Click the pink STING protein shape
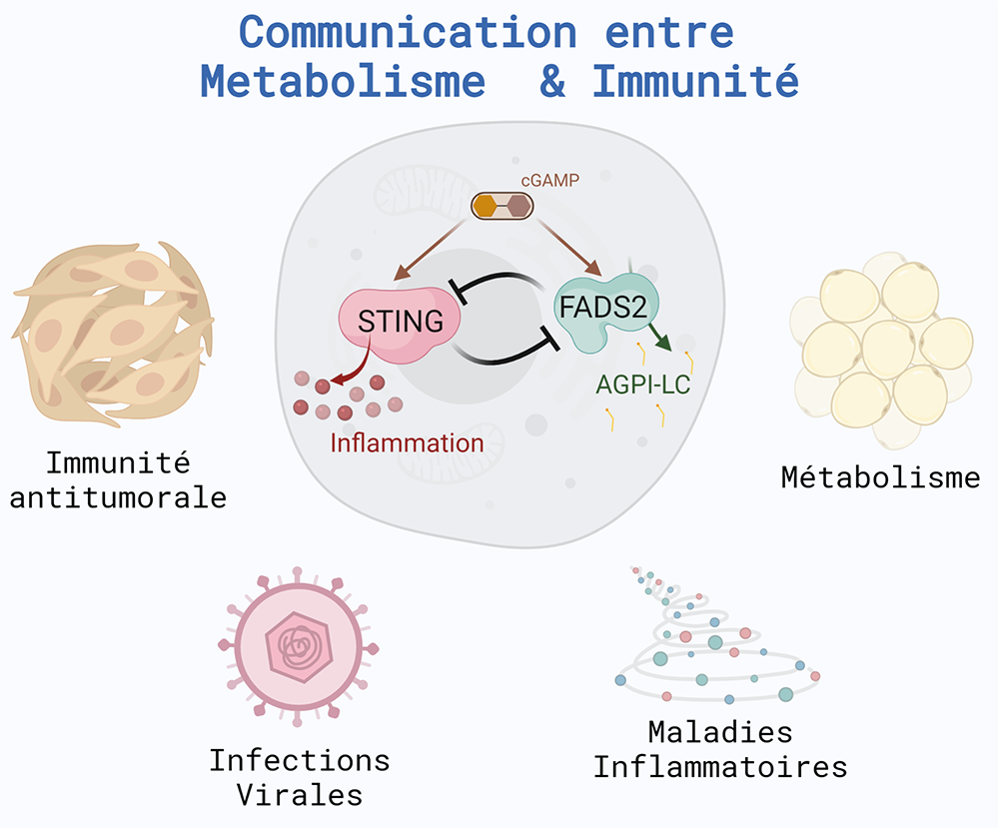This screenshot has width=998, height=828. [x=399, y=325]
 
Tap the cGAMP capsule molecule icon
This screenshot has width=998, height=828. [x=502, y=206]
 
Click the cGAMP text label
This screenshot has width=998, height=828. [x=549, y=181]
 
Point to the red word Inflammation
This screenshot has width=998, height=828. [x=407, y=442]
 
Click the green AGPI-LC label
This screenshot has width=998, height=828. [x=642, y=385]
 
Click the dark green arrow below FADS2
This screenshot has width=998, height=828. [x=660, y=336]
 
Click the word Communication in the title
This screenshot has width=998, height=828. [x=408, y=32]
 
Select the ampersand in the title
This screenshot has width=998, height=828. [x=551, y=82]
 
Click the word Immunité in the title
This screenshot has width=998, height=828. [x=695, y=81]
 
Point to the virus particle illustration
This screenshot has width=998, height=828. [x=298, y=646]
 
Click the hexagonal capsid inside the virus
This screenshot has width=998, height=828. [x=299, y=647]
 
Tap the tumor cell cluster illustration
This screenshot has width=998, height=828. [x=113, y=333]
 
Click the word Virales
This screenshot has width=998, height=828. [x=299, y=795]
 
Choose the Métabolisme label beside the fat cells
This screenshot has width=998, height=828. [x=881, y=477]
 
